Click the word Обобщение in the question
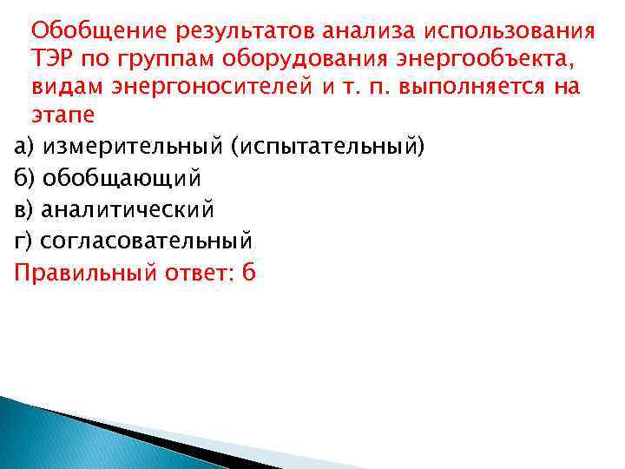click(99, 33)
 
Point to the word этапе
click(62, 116)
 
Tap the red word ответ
click(195, 273)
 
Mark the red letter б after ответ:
click(249, 272)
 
